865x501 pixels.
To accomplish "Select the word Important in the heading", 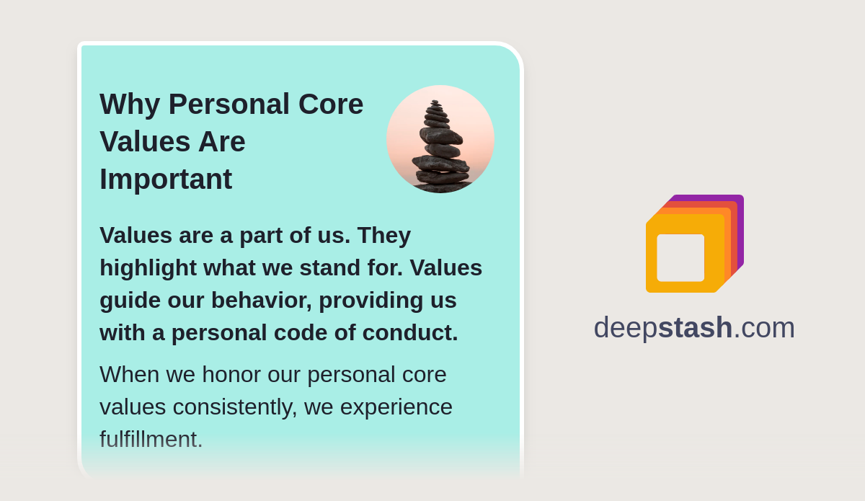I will click(166, 179).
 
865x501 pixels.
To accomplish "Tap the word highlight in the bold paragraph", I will click(148, 267).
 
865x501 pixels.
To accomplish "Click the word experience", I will click(396, 407).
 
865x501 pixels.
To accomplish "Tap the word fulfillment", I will click(151, 439).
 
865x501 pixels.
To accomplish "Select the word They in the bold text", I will click(383, 235).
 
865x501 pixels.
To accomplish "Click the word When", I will click(130, 374).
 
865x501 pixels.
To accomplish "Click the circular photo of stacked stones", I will click(440, 139).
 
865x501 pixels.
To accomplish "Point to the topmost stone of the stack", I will click(435, 102).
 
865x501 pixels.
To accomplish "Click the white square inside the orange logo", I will click(680, 258).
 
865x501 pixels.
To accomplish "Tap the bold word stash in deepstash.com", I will click(695, 327).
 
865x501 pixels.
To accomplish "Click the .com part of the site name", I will click(764, 327).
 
